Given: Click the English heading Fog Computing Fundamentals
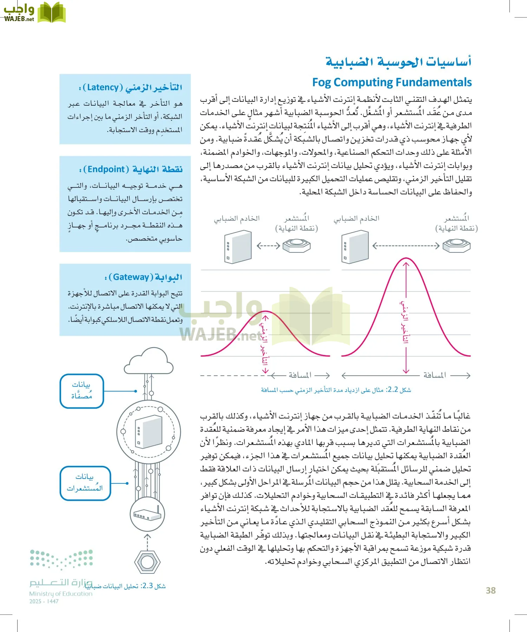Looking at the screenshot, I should coord(392,82).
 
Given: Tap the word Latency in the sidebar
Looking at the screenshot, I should coord(103,87).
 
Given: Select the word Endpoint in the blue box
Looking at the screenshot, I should coord(106,169).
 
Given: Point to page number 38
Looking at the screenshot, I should coord(490,591).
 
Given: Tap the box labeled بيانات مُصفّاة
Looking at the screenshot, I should coord(82,391).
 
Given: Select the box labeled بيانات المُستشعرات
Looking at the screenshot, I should coord(85,483).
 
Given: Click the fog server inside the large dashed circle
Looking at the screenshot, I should coord(149,431).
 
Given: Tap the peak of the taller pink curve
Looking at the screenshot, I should coord(406,259).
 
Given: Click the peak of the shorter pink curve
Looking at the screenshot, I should coord(266,311).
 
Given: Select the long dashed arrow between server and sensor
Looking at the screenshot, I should coord(406,246).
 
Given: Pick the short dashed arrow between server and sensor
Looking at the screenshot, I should coord(268,246).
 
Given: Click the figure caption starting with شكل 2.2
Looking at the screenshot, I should coord(336,390).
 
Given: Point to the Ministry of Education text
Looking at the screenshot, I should coord(60,594).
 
